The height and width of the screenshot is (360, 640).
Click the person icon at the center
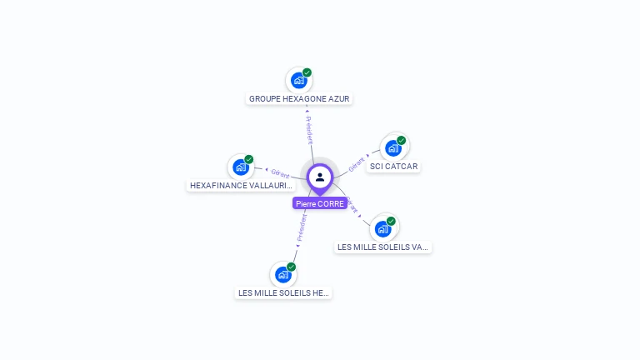point(320,177)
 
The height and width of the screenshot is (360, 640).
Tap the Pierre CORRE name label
point(320,203)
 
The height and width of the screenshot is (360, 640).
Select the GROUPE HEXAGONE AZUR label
point(299,98)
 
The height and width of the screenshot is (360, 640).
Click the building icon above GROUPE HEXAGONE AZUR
point(298,81)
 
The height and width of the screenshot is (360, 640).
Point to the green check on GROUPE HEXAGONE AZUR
point(307,72)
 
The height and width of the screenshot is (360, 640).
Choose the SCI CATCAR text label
point(394,166)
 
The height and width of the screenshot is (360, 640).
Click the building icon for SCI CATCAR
point(393,148)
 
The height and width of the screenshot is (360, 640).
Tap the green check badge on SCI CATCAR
point(401,140)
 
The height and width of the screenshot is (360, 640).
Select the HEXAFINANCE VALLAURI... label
point(241,185)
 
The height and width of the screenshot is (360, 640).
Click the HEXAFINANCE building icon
point(240,167)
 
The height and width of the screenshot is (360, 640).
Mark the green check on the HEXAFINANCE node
point(248,159)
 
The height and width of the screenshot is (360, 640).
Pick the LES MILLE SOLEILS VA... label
point(383,247)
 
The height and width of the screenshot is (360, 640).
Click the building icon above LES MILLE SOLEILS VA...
point(382,228)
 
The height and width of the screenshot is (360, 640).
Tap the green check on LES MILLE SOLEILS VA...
point(391,221)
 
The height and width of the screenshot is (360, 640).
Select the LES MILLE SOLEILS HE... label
point(283,292)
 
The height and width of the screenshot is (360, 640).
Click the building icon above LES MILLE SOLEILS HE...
point(282,274)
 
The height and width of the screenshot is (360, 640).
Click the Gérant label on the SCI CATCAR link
point(357,162)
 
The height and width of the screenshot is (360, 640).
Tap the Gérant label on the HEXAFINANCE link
point(280,172)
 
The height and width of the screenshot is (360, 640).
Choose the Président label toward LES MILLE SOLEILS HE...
point(302,227)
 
